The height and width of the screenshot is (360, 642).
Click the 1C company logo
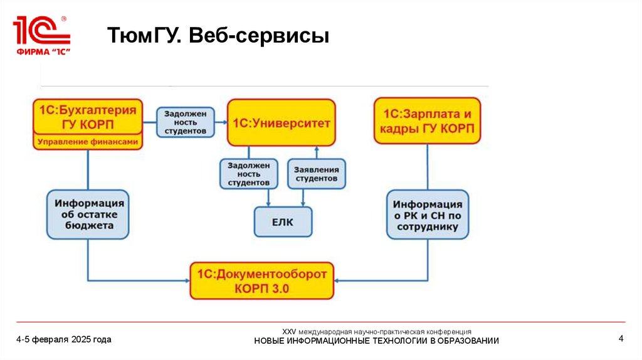point(41,35)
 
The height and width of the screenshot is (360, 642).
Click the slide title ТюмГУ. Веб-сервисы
point(219,35)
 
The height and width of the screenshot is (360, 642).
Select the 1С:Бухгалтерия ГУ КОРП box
point(88,116)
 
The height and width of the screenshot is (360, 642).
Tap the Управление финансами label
point(88,142)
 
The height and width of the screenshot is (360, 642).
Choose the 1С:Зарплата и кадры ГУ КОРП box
point(428,121)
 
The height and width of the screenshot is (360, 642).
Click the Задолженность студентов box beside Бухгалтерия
point(185,123)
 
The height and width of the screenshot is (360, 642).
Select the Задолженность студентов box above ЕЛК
point(249,174)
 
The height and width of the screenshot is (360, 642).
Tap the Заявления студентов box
point(317,174)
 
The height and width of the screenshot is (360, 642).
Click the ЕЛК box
point(283,221)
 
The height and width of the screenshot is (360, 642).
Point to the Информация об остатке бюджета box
point(88,214)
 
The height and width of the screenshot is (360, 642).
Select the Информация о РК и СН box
point(427,214)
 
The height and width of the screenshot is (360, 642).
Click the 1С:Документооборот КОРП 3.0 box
point(262,280)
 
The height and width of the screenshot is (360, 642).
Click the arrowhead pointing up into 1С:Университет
point(317,150)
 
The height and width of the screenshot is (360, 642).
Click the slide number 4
point(621,339)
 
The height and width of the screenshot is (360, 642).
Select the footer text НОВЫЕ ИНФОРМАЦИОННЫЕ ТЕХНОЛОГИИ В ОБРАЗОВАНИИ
point(376,341)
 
